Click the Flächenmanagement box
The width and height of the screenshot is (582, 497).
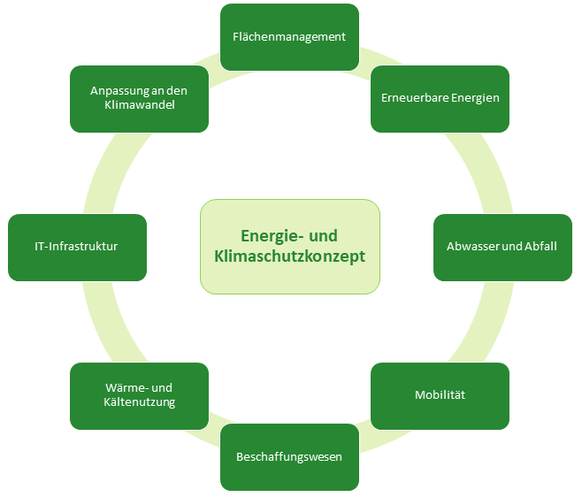click(x=289, y=37)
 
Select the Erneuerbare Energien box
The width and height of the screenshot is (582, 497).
click(x=440, y=98)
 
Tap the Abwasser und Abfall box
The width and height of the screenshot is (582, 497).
click(x=502, y=247)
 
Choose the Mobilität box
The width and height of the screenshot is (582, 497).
click(x=440, y=395)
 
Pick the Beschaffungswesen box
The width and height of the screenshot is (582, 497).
click(x=289, y=456)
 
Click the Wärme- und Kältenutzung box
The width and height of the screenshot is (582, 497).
click(x=139, y=395)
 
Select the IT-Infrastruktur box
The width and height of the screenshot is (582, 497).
click(x=77, y=247)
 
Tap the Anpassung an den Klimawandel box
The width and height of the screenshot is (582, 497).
click(x=139, y=98)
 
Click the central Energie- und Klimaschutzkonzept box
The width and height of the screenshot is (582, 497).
click(x=289, y=247)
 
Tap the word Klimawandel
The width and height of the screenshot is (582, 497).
click(x=139, y=105)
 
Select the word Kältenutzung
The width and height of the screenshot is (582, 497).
click(x=139, y=402)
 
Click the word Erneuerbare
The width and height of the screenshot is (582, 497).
click(x=410, y=98)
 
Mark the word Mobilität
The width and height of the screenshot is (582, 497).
click(x=440, y=395)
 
